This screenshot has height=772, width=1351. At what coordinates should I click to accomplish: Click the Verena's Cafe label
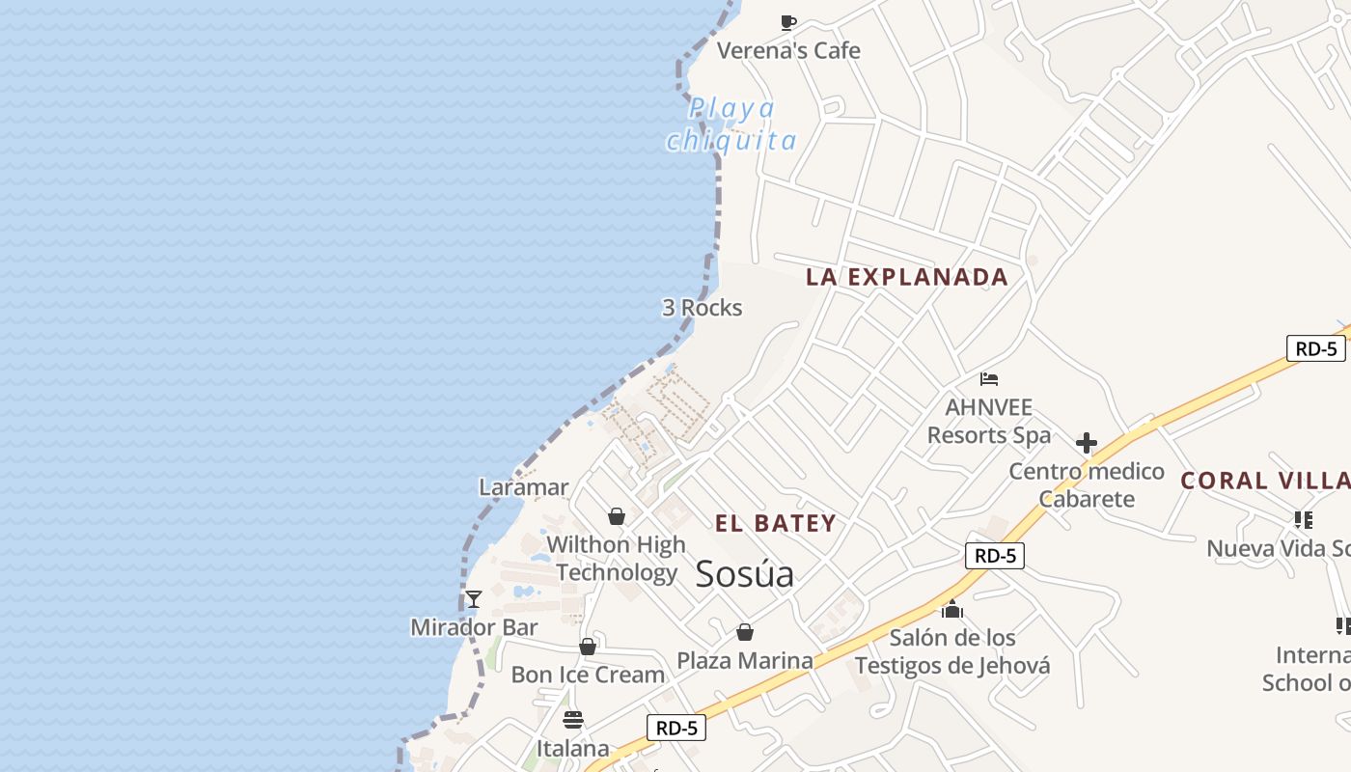[788, 50]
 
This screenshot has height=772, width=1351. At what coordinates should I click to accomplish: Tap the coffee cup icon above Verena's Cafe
[788, 22]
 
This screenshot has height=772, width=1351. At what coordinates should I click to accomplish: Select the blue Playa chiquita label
[732, 124]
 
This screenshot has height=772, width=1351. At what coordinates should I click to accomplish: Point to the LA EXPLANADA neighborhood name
[907, 277]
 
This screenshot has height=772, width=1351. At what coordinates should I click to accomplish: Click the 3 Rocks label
[702, 308]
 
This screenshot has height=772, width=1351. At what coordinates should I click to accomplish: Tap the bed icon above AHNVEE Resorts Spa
[989, 378]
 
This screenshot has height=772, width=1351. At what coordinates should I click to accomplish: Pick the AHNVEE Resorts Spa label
[989, 422]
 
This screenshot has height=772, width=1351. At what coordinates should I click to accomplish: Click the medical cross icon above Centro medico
[1087, 443]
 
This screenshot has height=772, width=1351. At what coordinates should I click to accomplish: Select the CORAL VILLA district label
[1265, 481]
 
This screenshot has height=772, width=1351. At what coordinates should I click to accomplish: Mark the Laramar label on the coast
[524, 487]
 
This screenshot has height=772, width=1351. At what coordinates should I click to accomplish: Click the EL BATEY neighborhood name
[776, 524]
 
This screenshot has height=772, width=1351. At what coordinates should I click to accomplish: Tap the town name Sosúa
[745, 574]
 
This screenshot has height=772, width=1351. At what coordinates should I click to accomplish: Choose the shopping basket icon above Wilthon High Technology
[617, 516]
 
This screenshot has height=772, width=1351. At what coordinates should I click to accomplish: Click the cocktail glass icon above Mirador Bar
[474, 599]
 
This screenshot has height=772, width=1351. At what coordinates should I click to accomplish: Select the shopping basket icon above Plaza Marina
[745, 632]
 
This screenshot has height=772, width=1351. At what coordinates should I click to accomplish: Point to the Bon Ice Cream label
[588, 675]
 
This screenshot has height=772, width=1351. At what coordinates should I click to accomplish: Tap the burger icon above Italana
[573, 720]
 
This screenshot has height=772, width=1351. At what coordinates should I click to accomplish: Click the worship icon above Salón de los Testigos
[952, 609]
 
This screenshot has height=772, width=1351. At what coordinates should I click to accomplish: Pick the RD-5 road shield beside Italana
[675, 728]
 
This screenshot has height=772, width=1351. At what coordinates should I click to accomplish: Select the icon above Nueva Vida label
[1304, 520]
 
